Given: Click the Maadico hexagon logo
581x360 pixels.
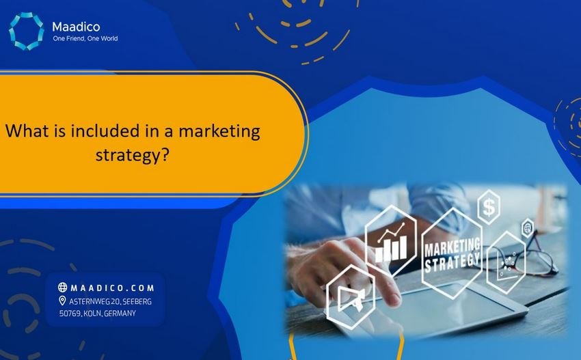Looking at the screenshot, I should point(25,31).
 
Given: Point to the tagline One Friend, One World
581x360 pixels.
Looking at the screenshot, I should point(85,39).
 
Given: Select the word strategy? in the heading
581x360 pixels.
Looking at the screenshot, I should point(132,155).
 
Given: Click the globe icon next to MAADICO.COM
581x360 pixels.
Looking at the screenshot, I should point(63,288).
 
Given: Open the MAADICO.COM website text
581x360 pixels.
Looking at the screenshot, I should point(111,288).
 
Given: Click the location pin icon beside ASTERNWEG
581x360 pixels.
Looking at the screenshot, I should point(63,301).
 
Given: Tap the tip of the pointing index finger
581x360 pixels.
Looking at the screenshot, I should point(397,300).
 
